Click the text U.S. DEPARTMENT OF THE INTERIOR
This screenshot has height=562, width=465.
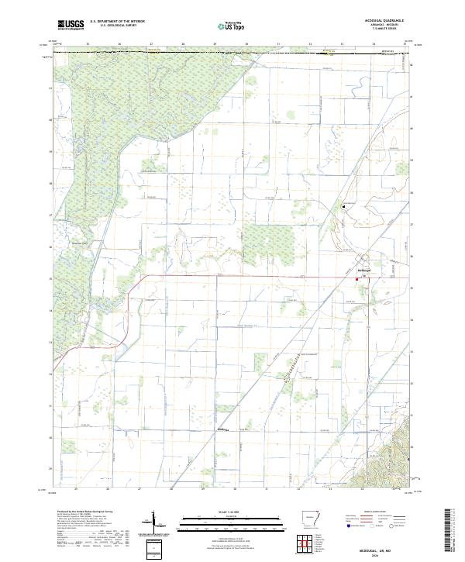[117, 22]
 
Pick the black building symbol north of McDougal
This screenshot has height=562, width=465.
[345, 207]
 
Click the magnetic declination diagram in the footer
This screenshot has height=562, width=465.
[154, 524]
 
